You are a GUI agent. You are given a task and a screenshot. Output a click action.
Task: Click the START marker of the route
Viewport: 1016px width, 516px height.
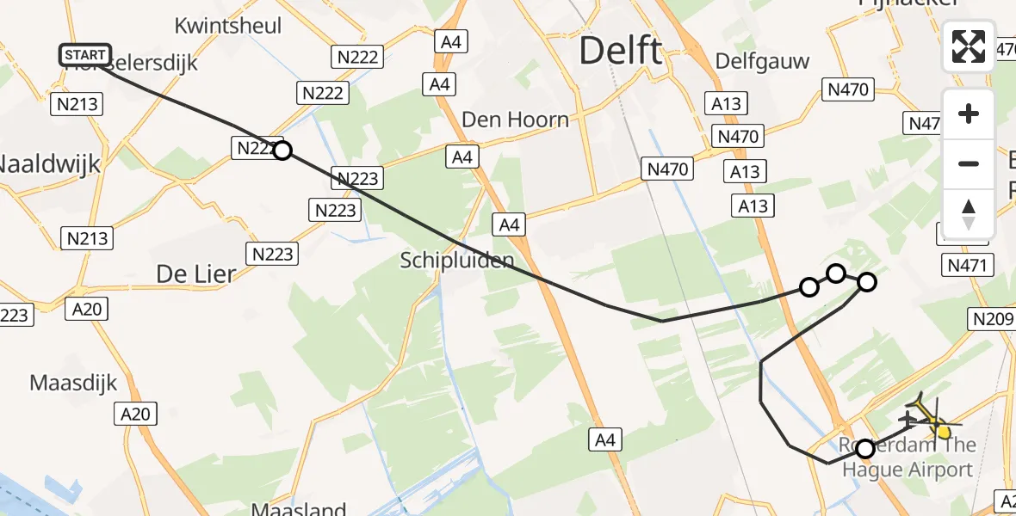(85, 56)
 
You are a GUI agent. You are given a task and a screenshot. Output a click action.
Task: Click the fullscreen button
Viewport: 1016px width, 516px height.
(969, 46)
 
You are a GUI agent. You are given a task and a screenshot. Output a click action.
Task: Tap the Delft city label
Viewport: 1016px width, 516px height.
(621, 51)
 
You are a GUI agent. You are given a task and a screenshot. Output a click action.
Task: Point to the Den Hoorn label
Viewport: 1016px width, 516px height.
(515, 120)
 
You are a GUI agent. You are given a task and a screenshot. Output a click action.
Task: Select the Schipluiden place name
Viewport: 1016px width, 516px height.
(457, 260)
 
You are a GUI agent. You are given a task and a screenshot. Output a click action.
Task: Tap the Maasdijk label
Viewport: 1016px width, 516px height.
(73, 383)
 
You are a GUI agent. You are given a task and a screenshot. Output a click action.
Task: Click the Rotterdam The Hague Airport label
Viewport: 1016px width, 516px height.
(908, 458)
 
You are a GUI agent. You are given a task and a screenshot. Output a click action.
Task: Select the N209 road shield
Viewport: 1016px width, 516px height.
(992, 320)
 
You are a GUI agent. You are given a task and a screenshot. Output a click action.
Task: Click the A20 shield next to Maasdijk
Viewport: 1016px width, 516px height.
(135, 415)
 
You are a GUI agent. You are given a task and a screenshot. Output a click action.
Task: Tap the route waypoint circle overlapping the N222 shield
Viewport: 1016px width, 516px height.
(282, 151)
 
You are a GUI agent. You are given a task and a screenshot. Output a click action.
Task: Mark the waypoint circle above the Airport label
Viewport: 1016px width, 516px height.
(865, 448)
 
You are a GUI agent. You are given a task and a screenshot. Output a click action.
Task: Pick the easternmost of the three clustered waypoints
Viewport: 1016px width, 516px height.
(867, 281)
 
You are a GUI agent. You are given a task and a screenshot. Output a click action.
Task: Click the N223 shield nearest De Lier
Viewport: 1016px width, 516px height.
(273, 254)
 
